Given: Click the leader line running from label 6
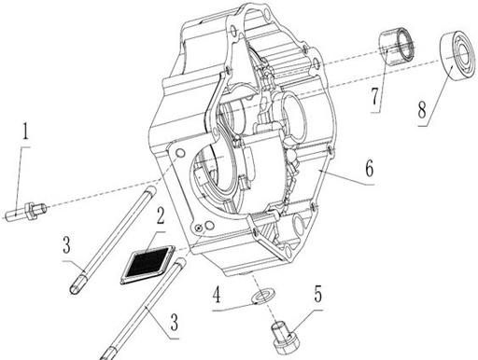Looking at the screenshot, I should [x=340, y=177].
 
